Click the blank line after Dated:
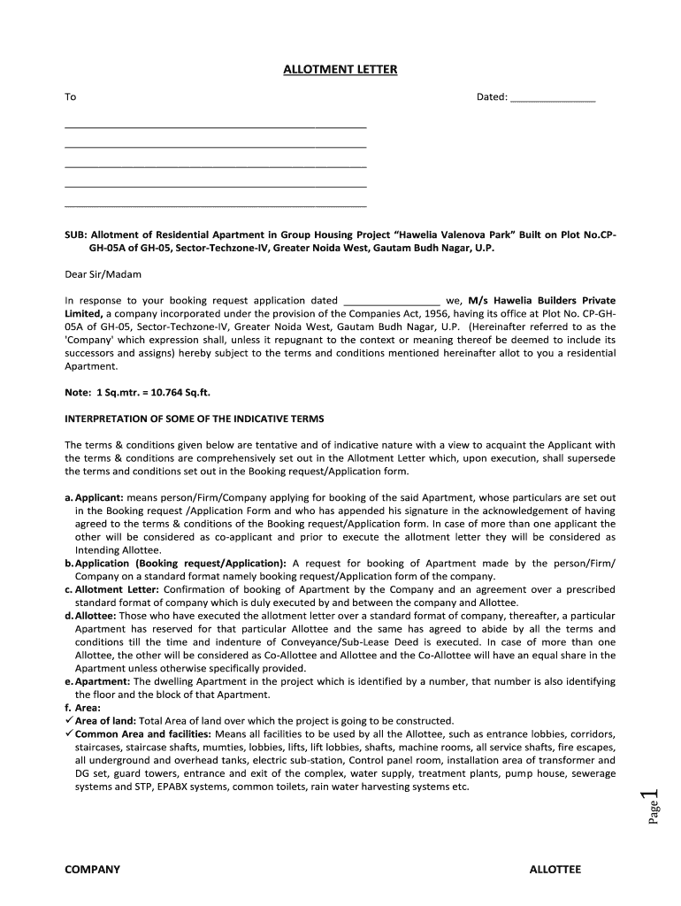click(554, 99)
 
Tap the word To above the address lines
click(71, 97)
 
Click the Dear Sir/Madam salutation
click(103, 274)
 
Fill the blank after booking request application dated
click(390, 302)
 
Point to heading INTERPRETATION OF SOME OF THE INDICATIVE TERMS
click(195, 418)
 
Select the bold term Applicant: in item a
click(99, 499)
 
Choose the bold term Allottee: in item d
click(96, 616)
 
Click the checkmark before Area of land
click(70, 720)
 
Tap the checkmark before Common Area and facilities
click(70, 733)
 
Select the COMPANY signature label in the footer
click(92, 870)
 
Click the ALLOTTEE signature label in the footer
click(555, 870)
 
